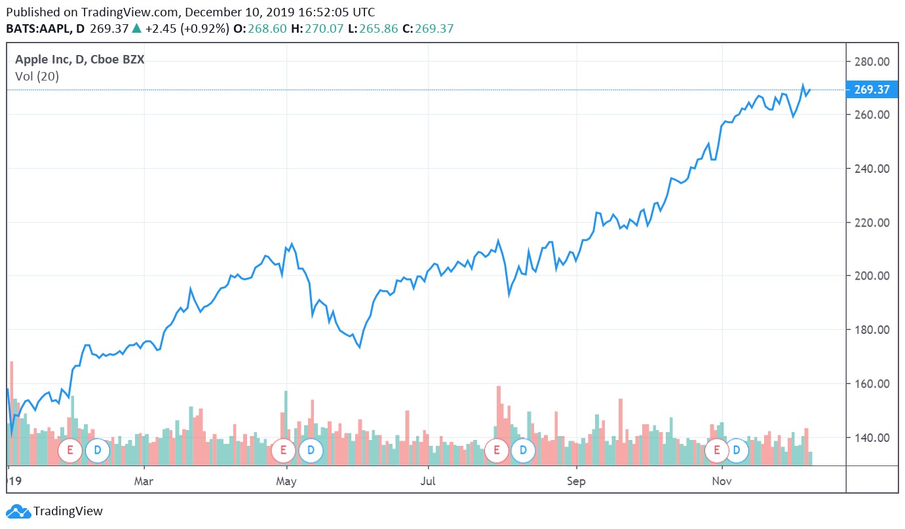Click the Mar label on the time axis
click(144, 482)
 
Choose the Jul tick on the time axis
click(428, 482)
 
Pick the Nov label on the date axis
click(722, 482)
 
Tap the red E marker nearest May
click(284, 450)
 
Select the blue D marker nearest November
click(737, 450)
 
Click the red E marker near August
click(496, 450)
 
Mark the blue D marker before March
click(98, 450)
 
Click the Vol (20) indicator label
click(37, 77)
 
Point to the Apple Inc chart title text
click(79, 60)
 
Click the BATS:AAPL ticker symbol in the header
click(39, 29)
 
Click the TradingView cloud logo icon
click(18, 512)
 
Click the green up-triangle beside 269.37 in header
click(136, 28)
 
